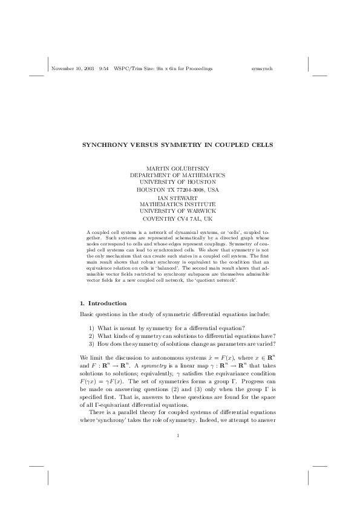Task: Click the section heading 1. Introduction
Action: pos(103,302)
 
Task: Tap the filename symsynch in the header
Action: pos(263,69)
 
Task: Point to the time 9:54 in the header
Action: pos(103,69)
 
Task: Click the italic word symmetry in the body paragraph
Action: pos(145,366)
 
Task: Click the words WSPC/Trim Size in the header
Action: pos(133,69)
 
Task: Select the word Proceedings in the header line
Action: pos(200,69)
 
